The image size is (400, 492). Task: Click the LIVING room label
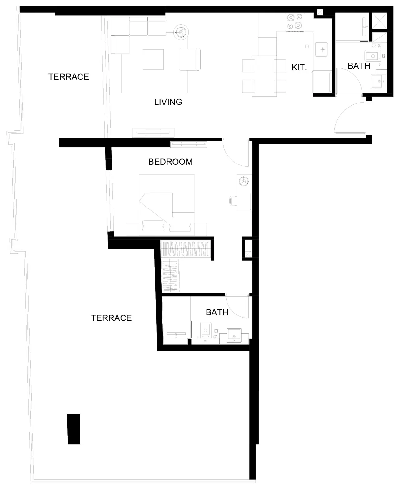(168, 102)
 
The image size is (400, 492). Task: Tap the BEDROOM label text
(170, 162)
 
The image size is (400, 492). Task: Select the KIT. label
(299, 68)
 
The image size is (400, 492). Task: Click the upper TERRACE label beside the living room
(68, 77)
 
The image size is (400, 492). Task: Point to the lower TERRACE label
(111, 318)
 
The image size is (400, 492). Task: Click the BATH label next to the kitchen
(359, 66)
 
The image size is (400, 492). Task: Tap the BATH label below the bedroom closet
(217, 312)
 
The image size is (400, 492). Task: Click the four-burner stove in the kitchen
(295, 22)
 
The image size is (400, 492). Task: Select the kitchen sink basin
(321, 49)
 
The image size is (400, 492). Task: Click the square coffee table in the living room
(153, 59)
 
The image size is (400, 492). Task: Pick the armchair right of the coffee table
(190, 59)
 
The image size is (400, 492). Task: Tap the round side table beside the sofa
(181, 32)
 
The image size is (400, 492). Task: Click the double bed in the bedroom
(167, 205)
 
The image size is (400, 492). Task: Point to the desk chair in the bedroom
(233, 201)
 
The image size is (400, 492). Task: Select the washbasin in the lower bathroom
(234, 335)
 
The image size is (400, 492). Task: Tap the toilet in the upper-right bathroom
(372, 56)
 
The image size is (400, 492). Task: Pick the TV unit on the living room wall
(153, 133)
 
